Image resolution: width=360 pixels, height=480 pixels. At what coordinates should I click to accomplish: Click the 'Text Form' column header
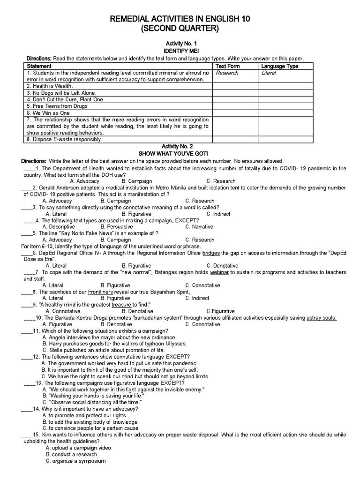point(227,67)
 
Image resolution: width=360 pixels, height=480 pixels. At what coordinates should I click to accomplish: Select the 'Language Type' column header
point(280,67)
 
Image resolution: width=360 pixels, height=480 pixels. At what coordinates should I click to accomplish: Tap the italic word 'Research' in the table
point(227,73)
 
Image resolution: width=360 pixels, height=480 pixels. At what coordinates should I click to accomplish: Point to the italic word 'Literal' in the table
point(269,73)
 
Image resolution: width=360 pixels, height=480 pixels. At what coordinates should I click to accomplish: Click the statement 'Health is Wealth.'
point(50,86)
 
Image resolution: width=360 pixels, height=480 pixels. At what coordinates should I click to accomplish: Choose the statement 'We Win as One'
point(48,113)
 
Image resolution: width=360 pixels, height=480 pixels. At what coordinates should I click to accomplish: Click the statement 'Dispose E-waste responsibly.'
point(64,139)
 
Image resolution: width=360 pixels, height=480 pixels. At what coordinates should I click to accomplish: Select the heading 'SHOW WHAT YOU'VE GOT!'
point(180,153)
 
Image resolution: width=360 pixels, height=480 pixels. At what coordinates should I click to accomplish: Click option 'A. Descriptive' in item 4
point(59,227)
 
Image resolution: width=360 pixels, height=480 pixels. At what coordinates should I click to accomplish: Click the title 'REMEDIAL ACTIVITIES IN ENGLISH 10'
point(180,19)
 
